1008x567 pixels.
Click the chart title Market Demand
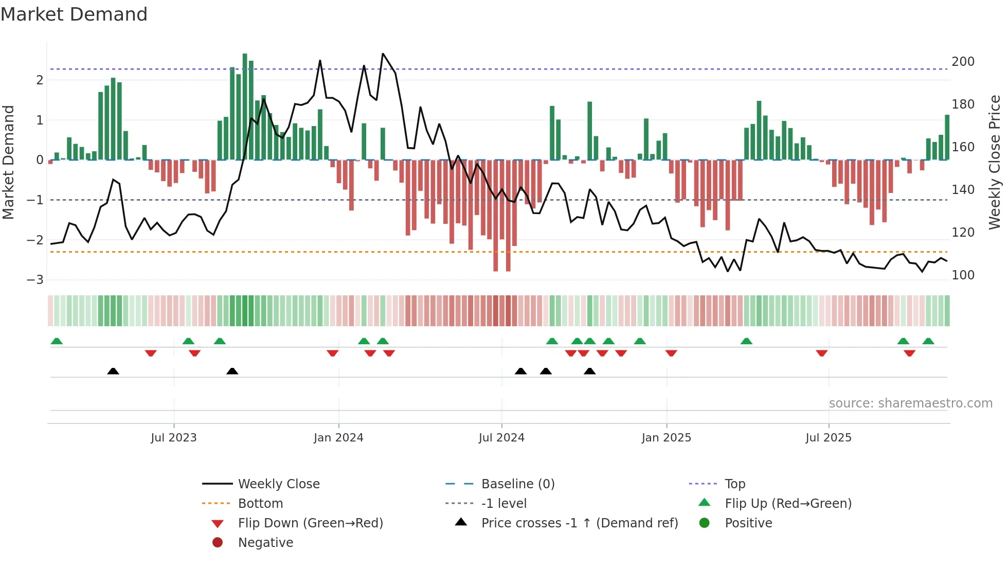(74, 14)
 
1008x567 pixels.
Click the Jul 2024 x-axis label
(501, 438)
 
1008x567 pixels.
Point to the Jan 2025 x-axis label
(666, 438)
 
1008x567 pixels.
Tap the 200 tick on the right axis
(963, 62)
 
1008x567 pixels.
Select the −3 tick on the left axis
(35, 280)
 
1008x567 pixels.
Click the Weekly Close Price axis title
(995, 162)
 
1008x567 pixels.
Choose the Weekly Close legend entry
(278, 484)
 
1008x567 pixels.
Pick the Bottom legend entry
(260, 504)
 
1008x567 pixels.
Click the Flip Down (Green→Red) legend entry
(310, 523)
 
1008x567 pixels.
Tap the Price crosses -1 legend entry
(579, 523)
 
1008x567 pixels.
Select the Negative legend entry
(265, 543)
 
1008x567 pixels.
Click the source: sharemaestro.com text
(910, 403)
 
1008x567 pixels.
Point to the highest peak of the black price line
(383, 54)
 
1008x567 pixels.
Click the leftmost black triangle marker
(113, 371)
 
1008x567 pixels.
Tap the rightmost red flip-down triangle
(909, 353)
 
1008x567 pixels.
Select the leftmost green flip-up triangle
(57, 341)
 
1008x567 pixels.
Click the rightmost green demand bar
(947, 137)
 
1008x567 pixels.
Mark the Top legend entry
(734, 484)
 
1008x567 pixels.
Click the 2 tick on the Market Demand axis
(40, 80)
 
